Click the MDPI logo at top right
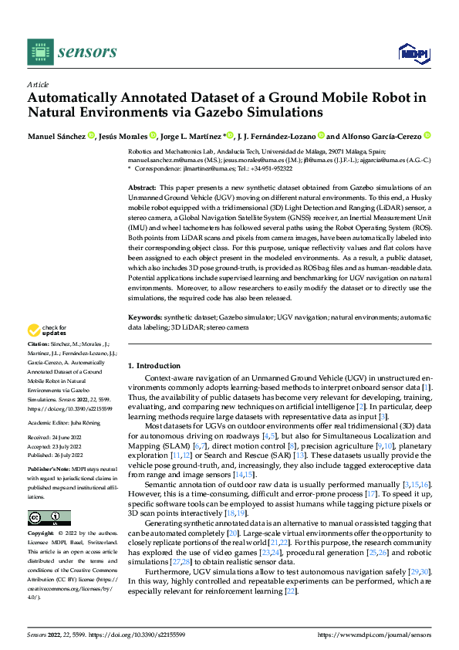413,52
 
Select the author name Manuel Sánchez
56,137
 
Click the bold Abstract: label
142,188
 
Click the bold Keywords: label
144,317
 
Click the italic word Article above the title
37,84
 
